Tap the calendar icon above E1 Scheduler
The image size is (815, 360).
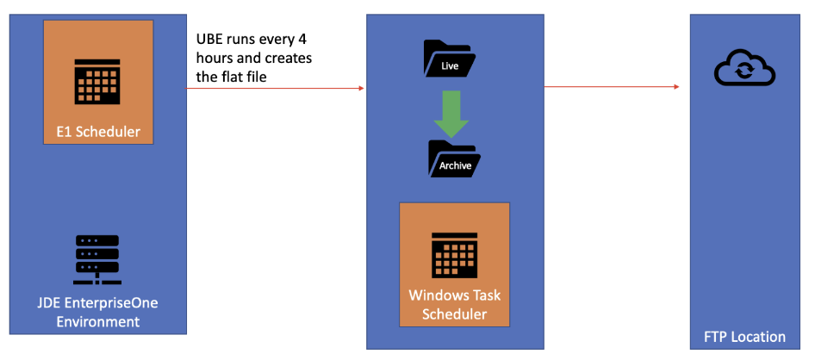[x=96, y=81]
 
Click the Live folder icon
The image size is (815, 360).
[x=449, y=59]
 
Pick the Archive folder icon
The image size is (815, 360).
[x=453, y=159]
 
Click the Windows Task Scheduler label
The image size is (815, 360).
[x=454, y=305]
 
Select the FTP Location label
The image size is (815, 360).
[x=743, y=337]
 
